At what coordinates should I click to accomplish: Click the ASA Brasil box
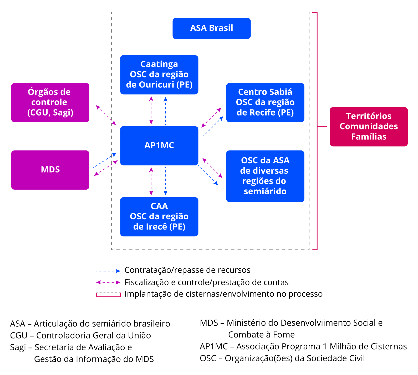pyautogui.click(x=211, y=28)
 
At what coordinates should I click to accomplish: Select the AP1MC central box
pyautogui.click(x=159, y=146)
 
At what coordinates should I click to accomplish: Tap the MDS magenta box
pyautogui.click(x=50, y=170)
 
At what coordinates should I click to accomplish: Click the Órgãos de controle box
pyautogui.click(x=50, y=102)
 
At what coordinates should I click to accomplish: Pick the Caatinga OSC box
pyautogui.click(x=159, y=75)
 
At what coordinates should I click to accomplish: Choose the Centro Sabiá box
pyautogui.click(x=265, y=102)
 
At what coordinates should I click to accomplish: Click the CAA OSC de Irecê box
pyautogui.click(x=159, y=217)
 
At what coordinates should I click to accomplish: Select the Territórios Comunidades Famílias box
pyautogui.click(x=369, y=127)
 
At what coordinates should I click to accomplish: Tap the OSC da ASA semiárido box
pyautogui.click(x=265, y=176)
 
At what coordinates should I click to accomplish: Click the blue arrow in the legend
pyautogui.click(x=108, y=271)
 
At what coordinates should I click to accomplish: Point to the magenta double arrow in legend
pyautogui.click(x=108, y=283)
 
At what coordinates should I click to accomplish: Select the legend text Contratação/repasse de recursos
pyautogui.click(x=187, y=270)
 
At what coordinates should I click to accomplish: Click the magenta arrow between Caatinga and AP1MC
pyautogui.click(x=151, y=110)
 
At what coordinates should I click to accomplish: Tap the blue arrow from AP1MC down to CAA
pyautogui.click(x=166, y=181)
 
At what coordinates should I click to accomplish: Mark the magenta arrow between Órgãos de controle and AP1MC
pyautogui.click(x=106, y=115)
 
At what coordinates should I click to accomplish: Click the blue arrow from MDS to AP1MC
pyautogui.click(x=105, y=160)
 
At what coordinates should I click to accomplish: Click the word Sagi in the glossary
pyautogui.click(x=18, y=347)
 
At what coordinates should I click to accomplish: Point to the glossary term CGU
pyautogui.click(x=18, y=336)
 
